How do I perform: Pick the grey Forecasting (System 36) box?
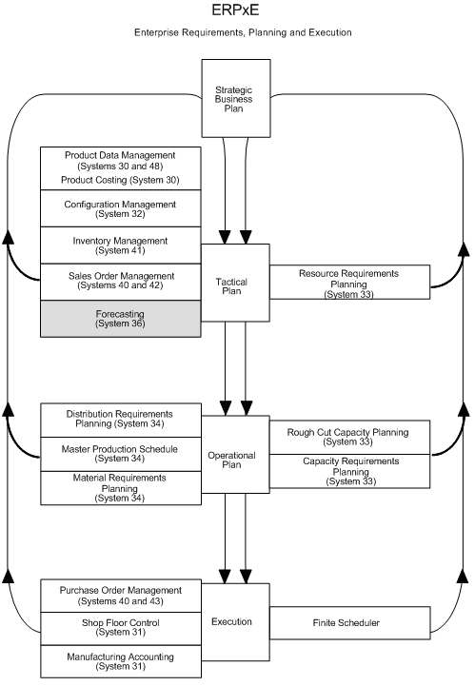tap(120, 319)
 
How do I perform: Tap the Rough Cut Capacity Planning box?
tap(348, 437)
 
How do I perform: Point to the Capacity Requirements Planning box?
tap(348, 471)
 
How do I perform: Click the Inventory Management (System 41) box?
tap(120, 245)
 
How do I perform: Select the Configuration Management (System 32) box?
tap(120, 209)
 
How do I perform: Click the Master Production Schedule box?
tap(120, 454)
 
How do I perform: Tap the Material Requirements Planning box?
tap(120, 487)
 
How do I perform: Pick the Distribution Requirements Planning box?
tap(120, 419)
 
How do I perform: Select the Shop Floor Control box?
tap(120, 626)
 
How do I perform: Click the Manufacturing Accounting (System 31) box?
tap(120, 660)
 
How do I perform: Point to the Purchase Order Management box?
tap(120, 595)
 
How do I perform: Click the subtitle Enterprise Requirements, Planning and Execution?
tap(242, 32)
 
